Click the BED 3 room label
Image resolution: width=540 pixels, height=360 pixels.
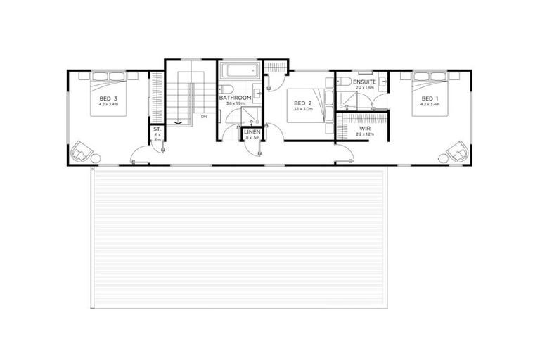pos(108,98)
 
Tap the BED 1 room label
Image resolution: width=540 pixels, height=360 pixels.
pos(430,98)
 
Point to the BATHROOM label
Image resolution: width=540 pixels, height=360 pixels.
pos(235,98)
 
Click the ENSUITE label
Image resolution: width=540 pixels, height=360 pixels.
pos(365,82)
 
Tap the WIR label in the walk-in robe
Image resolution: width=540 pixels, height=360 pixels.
pos(364,129)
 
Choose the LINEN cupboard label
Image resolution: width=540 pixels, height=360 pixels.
pos(252,132)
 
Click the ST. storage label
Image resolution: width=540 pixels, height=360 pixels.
pos(157,129)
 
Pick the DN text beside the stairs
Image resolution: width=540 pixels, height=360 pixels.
pos(204,117)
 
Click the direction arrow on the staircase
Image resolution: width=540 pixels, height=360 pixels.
pos(178,123)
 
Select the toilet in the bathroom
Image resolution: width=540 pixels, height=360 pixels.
pos(224,89)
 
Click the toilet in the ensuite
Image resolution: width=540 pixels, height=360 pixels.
pos(344,82)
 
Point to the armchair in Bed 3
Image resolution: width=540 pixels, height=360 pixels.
pos(82,150)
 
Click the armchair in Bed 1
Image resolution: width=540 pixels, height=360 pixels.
pos(458,150)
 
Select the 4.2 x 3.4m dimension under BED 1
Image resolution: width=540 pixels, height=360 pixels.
pos(430,104)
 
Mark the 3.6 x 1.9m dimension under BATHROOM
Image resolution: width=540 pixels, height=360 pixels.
pos(235,104)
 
